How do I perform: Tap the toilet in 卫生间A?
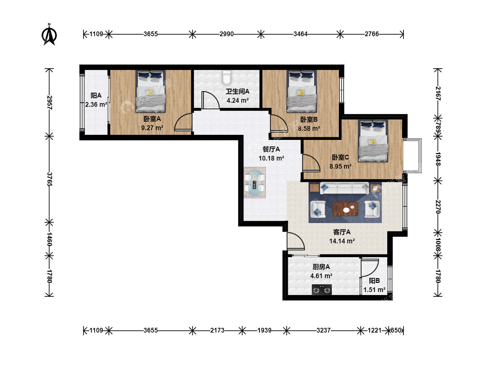(227, 77)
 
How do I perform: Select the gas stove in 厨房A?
(322, 290)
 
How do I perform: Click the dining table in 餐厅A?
(254, 183)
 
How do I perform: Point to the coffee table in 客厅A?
(345, 209)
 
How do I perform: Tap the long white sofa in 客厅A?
(344, 188)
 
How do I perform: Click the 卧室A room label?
(152, 119)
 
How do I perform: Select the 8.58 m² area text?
(309, 128)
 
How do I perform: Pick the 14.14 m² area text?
(342, 241)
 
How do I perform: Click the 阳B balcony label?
(374, 281)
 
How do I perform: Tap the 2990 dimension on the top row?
(227, 34)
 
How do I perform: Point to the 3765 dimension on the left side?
(49, 179)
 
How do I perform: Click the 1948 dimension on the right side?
(438, 159)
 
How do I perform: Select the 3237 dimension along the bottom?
(324, 331)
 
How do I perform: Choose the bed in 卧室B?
(302, 91)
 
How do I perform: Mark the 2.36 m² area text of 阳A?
(96, 104)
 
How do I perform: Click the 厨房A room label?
(321, 267)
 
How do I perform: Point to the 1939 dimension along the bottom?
(264, 331)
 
